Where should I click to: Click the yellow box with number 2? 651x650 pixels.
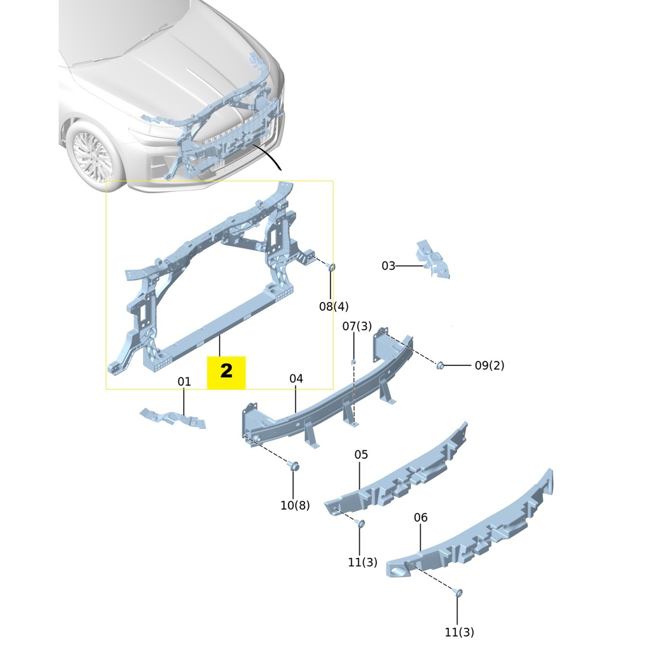coord(226,372)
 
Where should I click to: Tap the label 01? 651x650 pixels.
coord(184,382)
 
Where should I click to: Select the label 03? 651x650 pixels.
coord(388,266)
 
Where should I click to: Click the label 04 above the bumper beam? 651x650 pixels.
coord(296,379)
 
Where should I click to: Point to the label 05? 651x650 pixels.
coord(361,455)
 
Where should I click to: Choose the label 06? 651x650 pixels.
coord(421,518)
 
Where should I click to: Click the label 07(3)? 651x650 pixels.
coord(357,327)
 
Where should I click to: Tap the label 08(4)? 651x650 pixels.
coord(334,307)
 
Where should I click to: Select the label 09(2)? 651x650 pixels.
coord(490,366)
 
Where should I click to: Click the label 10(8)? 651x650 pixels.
coord(295,506)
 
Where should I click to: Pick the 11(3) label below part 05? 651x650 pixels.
coord(362,562)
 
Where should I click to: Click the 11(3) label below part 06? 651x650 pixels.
coord(460,632)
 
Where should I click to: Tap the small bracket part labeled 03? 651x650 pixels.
coord(434,259)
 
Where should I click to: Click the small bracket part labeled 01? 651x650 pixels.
coord(172,418)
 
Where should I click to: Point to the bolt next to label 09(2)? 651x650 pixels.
coord(440,365)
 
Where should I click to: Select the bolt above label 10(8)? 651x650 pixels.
coord(294,466)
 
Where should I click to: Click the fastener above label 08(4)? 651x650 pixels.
coord(331,267)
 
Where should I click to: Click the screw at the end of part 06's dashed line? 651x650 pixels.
coord(459,593)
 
